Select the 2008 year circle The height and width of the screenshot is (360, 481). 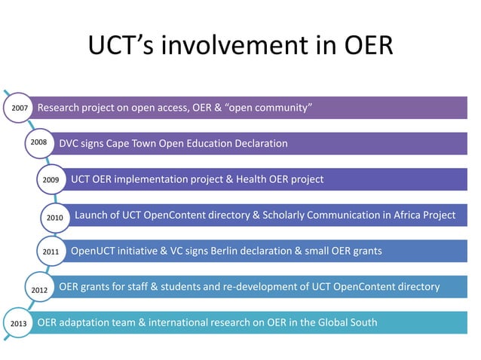[x=39, y=142]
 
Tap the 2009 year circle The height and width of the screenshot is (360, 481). [x=51, y=180]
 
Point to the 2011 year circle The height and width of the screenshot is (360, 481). [x=51, y=251]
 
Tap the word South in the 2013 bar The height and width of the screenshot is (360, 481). [x=362, y=323]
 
